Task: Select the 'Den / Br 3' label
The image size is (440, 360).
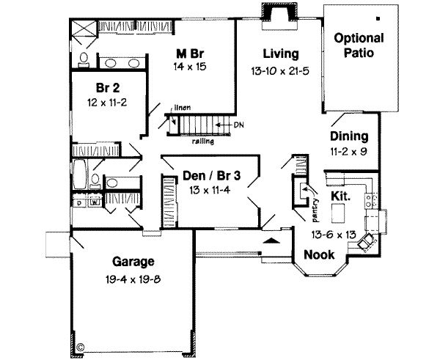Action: (202, 175)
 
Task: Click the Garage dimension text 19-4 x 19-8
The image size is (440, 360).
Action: (132, 279)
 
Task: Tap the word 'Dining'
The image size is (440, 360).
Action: (348, 136)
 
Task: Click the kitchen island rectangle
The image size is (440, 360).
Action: (338, 213)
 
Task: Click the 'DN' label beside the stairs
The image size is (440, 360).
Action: (239, 125)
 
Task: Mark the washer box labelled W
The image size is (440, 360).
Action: (94, 199)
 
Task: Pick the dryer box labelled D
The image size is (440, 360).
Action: (78, 199)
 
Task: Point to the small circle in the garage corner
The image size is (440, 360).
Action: (81, 345)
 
